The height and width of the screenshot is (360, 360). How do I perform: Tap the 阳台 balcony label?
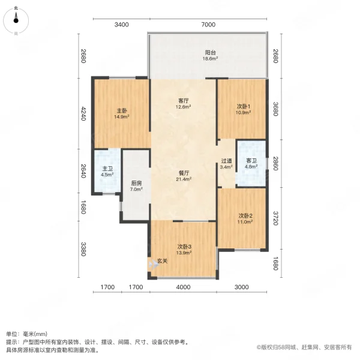coord(209,52)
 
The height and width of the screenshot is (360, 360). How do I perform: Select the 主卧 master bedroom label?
coord(121,110)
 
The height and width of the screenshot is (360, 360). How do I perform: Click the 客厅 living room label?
coord(184,101)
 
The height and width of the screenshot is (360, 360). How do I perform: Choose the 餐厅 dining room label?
coord(184,172)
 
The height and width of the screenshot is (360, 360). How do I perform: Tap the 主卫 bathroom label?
coord(107,169)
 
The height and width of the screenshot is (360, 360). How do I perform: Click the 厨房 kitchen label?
coord(136,184)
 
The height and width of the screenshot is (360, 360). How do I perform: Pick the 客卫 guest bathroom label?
coord(251,161)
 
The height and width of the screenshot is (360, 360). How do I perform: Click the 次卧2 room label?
coord(244,215)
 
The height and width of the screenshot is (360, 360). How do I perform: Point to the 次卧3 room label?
coord(184,247)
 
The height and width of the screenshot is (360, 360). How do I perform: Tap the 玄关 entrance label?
coord(162,262)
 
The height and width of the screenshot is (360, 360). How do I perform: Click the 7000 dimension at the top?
coord(208,25)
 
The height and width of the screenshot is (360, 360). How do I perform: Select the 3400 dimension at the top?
coord(121,25)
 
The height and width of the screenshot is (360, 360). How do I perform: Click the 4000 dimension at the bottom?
coord(182,287)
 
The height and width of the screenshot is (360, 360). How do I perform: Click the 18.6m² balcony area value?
coord(209,59)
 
